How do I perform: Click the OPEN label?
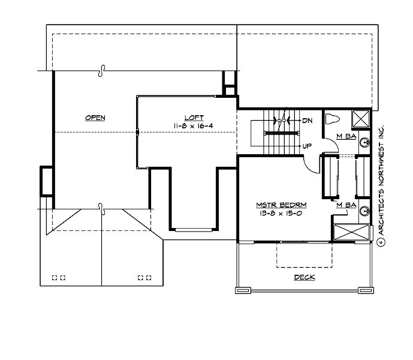click(95, 118)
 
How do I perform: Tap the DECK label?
click(304, 277)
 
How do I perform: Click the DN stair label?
click(308, 121)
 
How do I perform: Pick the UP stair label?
click(307, 146)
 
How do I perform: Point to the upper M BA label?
click(346, 137)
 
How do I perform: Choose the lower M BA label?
click(346, 206)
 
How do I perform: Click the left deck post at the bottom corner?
click(242, 290)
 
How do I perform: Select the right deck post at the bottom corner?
click(364, 290)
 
